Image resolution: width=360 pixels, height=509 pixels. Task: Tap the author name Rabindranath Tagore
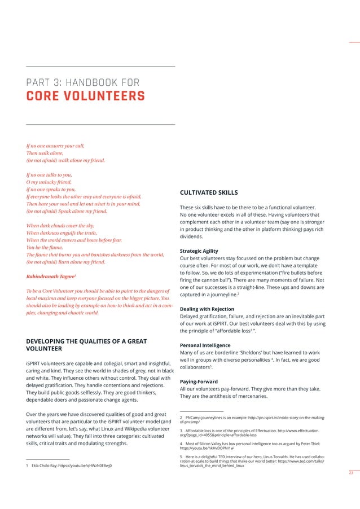(x=51, y=277)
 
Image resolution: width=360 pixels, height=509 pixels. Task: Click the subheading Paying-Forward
(x=199, y=381)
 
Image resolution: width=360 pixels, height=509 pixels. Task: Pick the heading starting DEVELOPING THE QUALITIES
(x=86, y=345)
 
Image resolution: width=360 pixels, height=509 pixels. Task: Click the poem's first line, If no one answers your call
(x=55, y=146)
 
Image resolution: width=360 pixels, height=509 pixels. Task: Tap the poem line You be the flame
(x=46, y=247)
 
